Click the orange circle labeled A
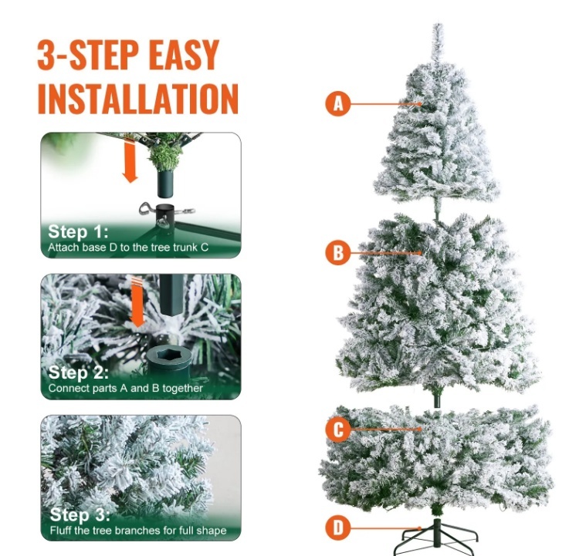pos(338,104)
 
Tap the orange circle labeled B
pos(338,252)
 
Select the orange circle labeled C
pos(338,430)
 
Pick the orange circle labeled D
pos(338,528)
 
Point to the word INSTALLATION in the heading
pos(138,99)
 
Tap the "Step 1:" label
pos(78,231)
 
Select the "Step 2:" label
pos(78,372)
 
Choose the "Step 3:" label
pos(80,514)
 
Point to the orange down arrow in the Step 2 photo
pos(138,302)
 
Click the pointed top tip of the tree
pos(438,24)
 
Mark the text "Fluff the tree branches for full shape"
pos(138,531)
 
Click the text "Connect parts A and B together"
pos(125,389)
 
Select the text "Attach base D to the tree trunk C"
pos(128,248)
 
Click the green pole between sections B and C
pos(437,399)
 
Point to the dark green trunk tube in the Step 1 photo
pos(165,184)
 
